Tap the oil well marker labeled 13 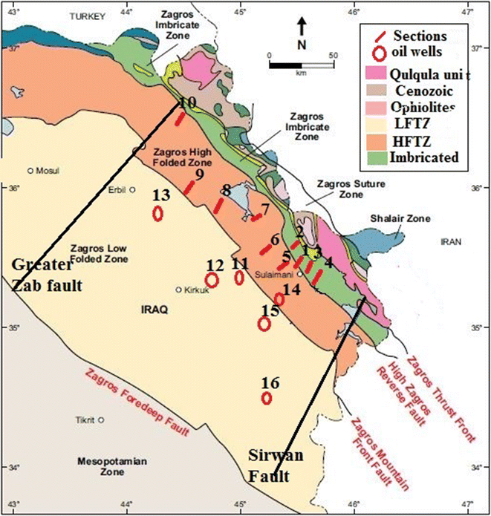tap(157, 214)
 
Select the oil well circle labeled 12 tap(212, 280)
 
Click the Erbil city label tap(117, 189)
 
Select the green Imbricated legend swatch tap(379, 157)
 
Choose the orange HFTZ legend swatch tap(379, 140)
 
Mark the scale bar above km tap(301, 65)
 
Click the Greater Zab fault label tap(46, 274)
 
